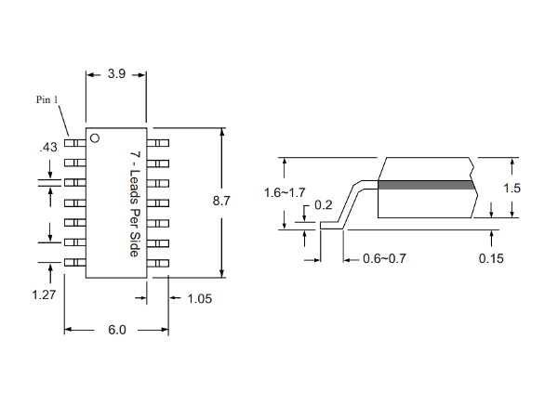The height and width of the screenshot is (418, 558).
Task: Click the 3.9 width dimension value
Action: (x=116, y=73)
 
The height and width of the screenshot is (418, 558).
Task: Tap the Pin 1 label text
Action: (x=48, y=100)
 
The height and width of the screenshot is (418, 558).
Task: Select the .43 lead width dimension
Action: (x=46, y=147)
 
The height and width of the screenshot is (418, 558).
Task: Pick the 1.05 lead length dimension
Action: (x=202, y=298)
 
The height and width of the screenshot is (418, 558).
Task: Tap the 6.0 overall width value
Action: (x=116, y=330)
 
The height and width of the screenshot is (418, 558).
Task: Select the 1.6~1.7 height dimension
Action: (x=285, y=192)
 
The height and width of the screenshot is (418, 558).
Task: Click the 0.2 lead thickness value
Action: (x=324, y=204)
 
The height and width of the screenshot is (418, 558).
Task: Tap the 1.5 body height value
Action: (x=511, y=188)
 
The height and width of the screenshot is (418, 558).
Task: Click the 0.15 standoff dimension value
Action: (x=491, y=258)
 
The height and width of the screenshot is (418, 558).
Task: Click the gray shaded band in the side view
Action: (x=427, y=185)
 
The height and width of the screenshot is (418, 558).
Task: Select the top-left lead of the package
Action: (x=74, y=143)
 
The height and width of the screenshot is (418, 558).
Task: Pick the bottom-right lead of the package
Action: (x=159, y=263)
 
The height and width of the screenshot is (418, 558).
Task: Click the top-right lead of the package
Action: (x=159, y=143)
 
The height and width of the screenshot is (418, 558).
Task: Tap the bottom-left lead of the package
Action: (x=74, y=263)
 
